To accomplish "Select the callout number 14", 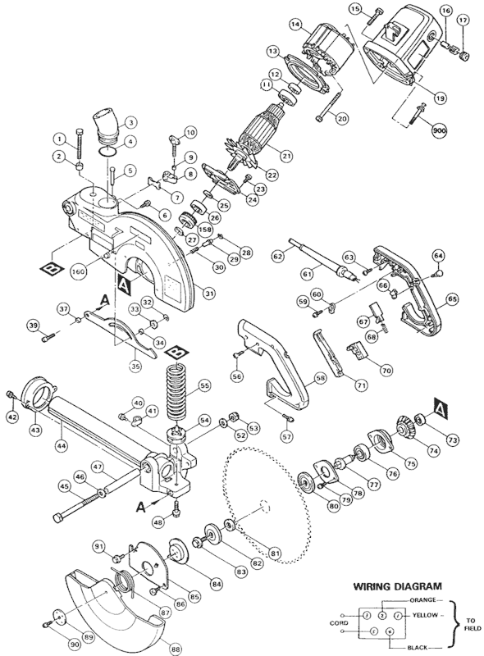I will pyautogui.click(x=294, y=26).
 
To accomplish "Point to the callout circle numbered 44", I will pyautogui.click(x=61, y=446).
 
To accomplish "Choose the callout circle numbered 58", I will pyautogui.click(x=320, y=380).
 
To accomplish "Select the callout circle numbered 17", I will pyautogui.click(x=463, y=19).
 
